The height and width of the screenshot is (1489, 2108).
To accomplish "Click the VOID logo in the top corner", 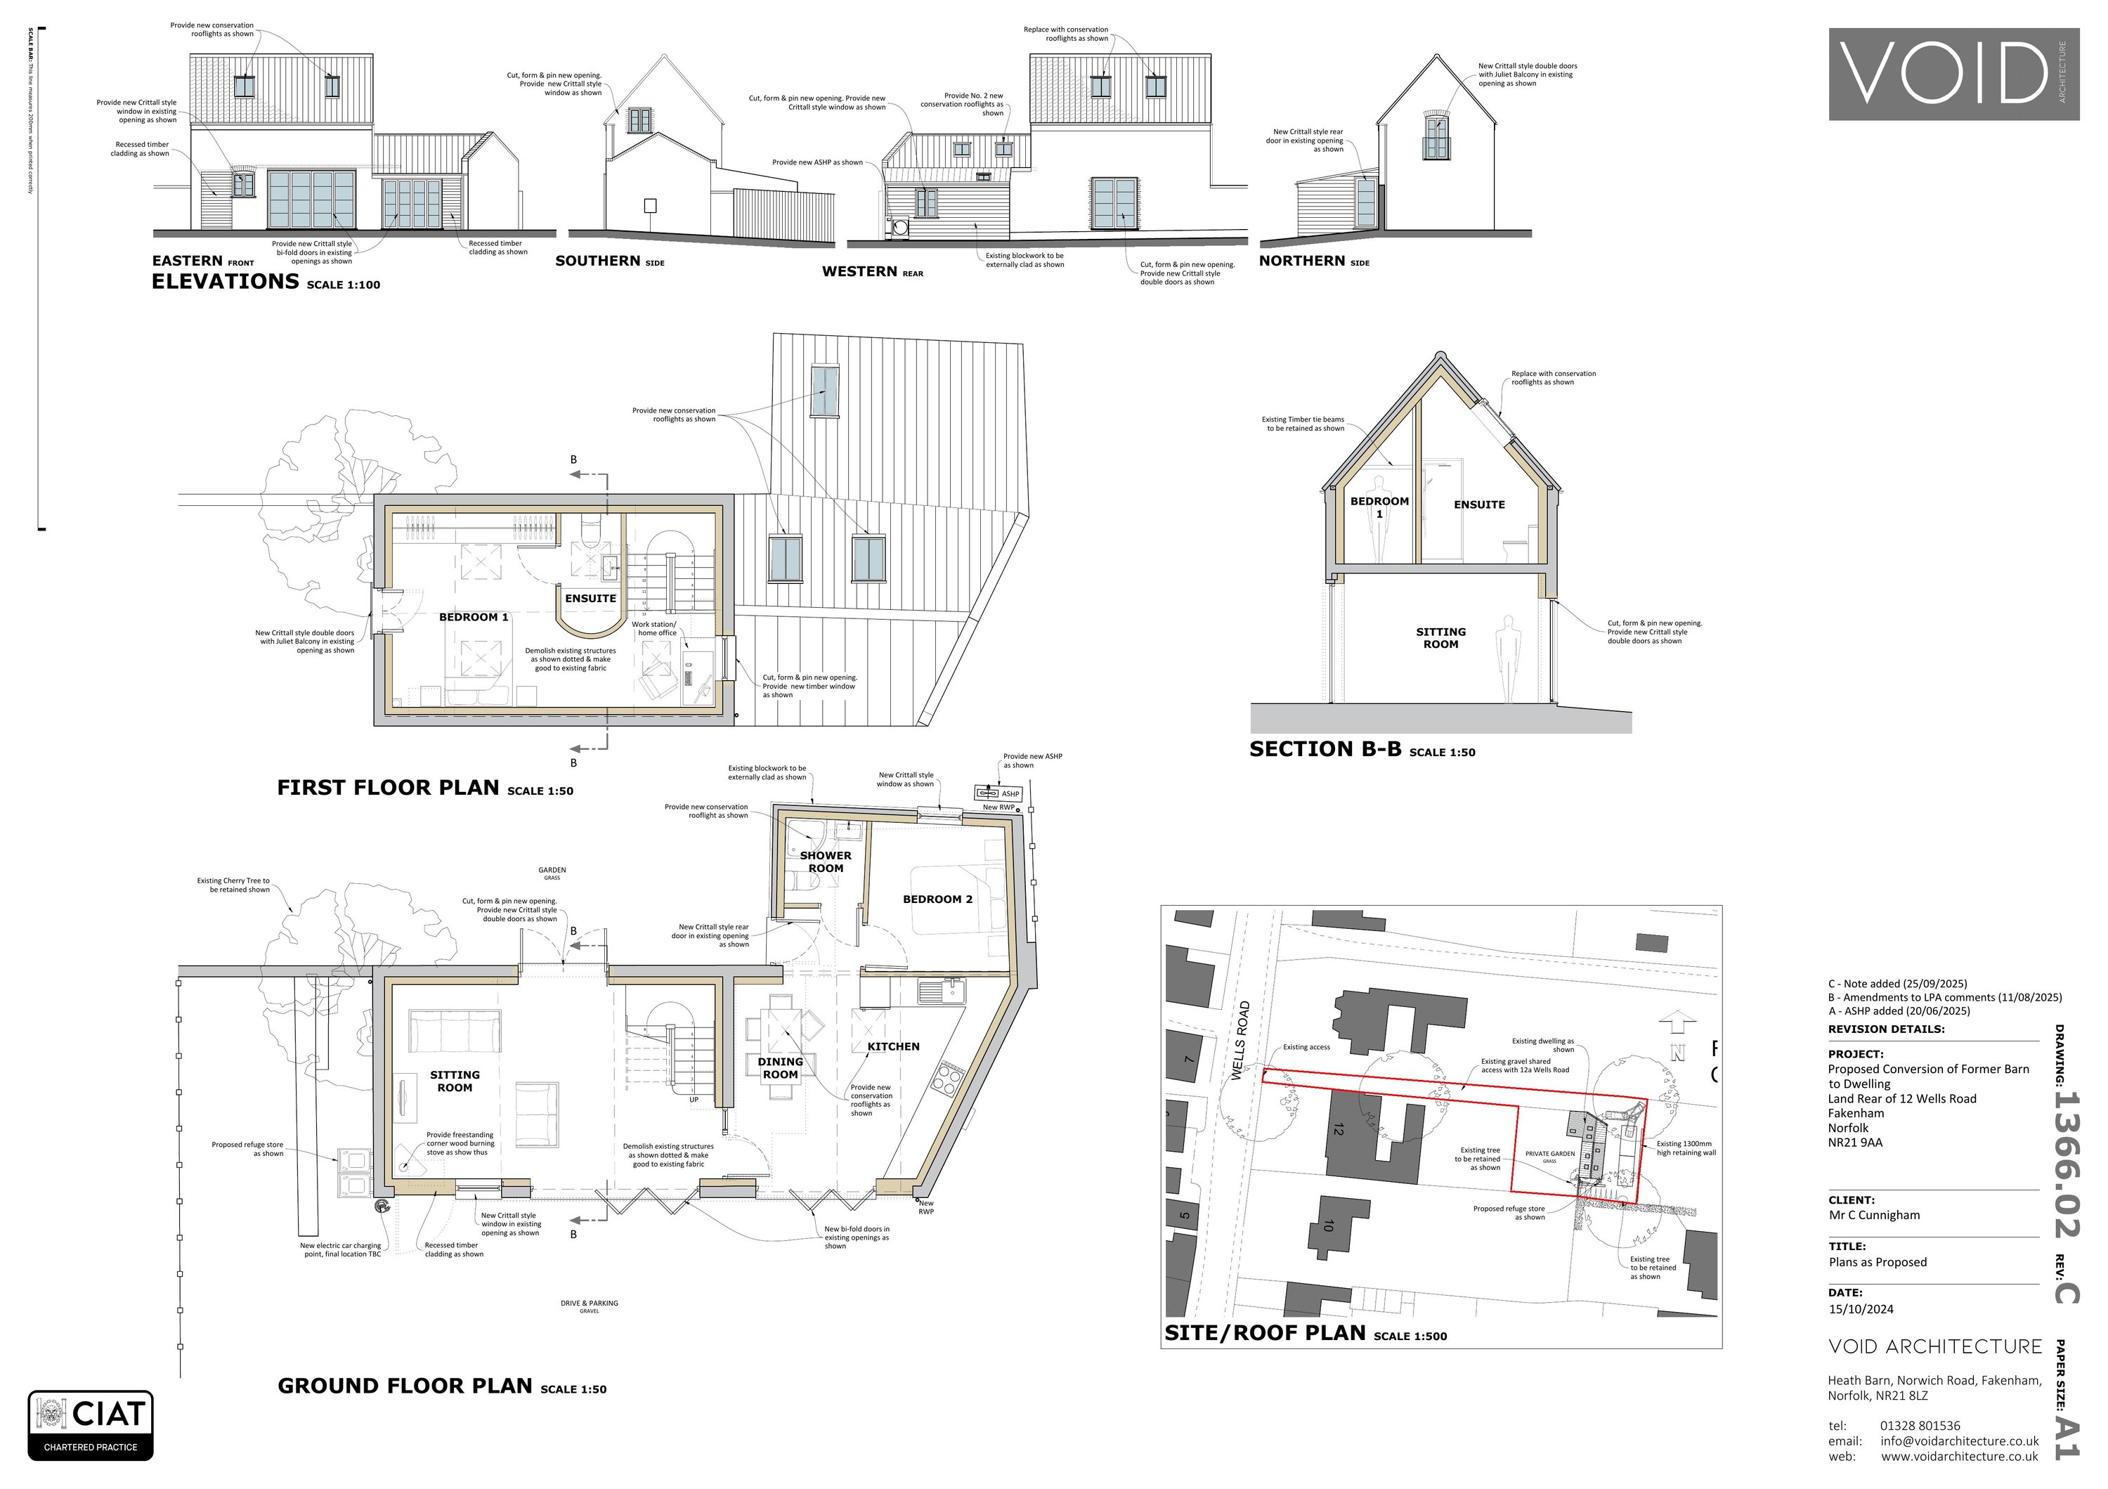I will click(x=1955, y=74).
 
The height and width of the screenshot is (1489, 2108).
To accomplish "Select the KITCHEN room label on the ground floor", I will click(x=892, y=1046).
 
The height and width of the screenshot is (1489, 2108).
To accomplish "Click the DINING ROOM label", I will click(x=781, y=1067).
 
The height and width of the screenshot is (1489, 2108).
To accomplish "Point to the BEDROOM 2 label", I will click(x=937, y=899).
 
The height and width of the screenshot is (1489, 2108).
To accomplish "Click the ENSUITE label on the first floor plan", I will click(x=590, y=599).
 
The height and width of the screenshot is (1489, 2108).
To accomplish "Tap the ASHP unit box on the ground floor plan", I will click(x=998, y=793).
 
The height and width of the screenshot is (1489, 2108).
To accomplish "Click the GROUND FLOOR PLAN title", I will click(x=405, y=1386).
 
